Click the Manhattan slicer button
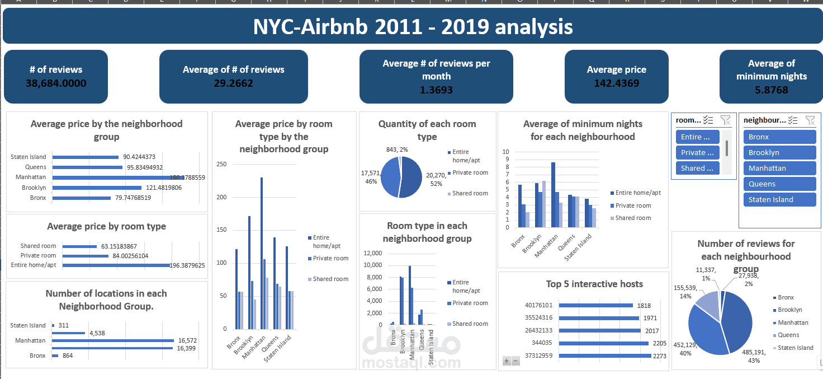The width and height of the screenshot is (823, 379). coord(779,169)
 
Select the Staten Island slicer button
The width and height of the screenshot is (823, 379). coord(779,200)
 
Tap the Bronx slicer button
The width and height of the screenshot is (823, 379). coord(779,137)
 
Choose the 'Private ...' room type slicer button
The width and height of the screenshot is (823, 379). coord(697,153)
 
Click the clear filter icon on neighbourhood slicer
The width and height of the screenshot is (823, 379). coord(810,120)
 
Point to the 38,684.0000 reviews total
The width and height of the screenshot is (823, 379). coord(56,83)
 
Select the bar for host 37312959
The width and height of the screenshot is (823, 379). coord(604,355)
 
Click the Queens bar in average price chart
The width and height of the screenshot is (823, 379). coord(87,167)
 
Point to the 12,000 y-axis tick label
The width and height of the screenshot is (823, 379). coord(372,253)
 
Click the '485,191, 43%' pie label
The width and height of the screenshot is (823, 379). coord(746,357)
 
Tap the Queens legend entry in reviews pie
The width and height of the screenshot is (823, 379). coord(788,335)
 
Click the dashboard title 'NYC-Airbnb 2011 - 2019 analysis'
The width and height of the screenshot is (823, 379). coord(412,27)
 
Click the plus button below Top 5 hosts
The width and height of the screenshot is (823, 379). coord(507,361)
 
